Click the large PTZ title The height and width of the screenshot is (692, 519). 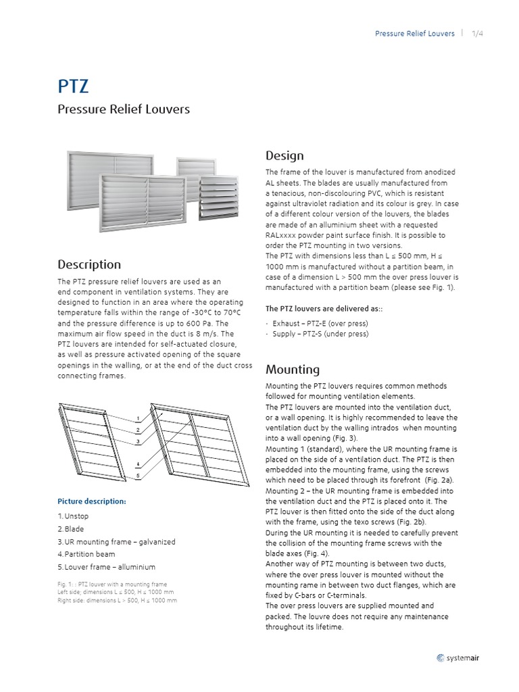[73, 86]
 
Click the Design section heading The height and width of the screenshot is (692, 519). [285, 156]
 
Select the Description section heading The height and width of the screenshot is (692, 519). [89, 264]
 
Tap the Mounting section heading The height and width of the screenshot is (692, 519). [293, 369]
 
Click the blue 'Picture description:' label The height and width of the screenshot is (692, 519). [91, 501]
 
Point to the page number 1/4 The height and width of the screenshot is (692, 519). [478, 34]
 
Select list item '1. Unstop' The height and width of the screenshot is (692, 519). [72, 516]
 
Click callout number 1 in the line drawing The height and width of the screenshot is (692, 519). [138, 418]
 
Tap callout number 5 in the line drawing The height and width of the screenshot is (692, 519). [138, 475]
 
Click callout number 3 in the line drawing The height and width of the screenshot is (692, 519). [138, 441]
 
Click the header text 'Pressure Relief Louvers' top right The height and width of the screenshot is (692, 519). [415, 34]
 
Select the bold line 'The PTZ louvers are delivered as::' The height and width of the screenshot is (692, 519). [324, 308]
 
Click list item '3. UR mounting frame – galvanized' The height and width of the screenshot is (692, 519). [116, 542]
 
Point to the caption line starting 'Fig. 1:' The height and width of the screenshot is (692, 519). [112, 584]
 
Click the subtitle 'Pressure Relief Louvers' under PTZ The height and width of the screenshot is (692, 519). [124, 109]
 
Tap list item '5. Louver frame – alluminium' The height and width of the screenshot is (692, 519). [106, 567]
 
